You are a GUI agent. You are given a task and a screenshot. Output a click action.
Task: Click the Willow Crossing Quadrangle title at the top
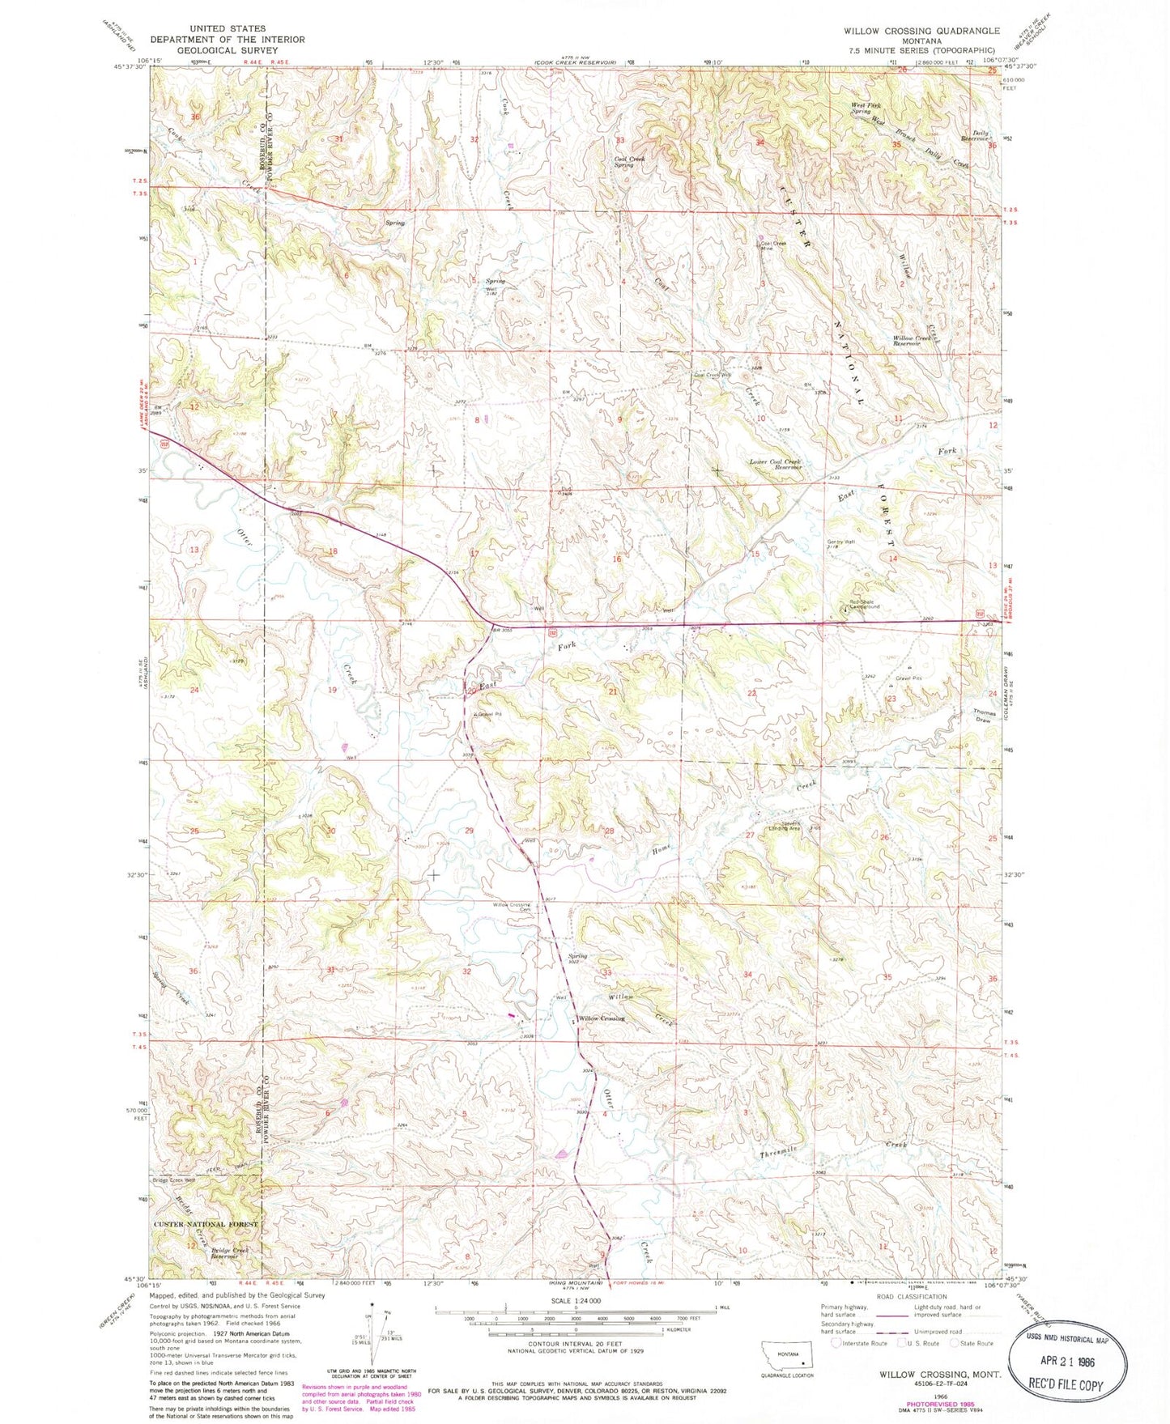coord(921,30)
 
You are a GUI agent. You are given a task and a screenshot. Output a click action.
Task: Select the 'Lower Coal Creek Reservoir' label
coord(775,465)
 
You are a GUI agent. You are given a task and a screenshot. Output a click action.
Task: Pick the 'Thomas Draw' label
coord(984,716)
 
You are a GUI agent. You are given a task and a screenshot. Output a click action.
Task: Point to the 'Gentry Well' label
coord(840,544)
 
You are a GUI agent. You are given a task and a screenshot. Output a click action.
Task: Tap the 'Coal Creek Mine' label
coord(772,245)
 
